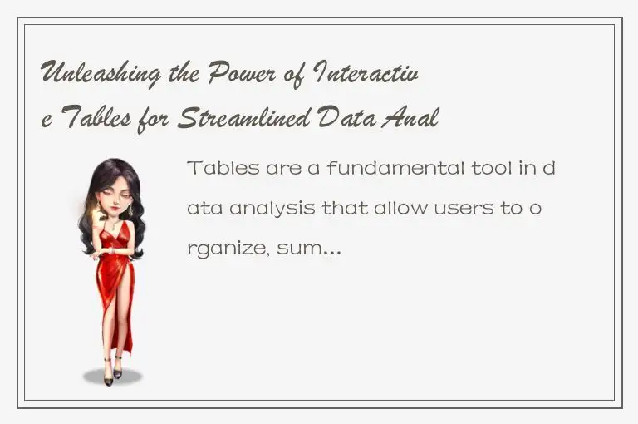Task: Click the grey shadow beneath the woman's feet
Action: (113, 378)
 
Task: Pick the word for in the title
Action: (158, 120)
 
